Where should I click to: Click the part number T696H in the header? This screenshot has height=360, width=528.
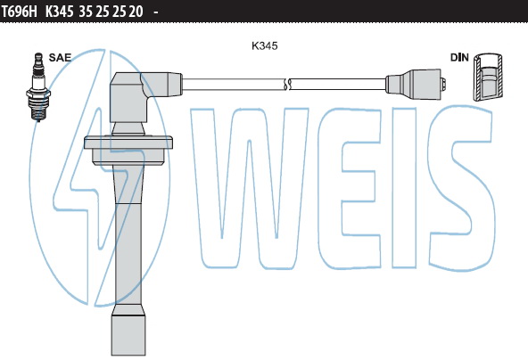pos(20,12)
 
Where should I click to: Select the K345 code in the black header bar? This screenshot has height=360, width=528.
pos(59,12)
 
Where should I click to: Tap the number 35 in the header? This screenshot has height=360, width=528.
pos(86,12)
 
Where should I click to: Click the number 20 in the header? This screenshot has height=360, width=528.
pos(136,12)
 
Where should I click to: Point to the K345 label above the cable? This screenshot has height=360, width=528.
pos(265,45)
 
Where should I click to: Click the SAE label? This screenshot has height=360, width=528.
pos(60,58)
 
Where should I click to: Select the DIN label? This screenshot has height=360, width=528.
pos(459,58)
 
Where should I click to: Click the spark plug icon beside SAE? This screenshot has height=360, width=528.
pos(38,86)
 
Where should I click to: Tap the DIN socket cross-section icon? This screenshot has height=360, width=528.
pos(488,77)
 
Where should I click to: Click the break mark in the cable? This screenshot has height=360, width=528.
pos(287,84)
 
